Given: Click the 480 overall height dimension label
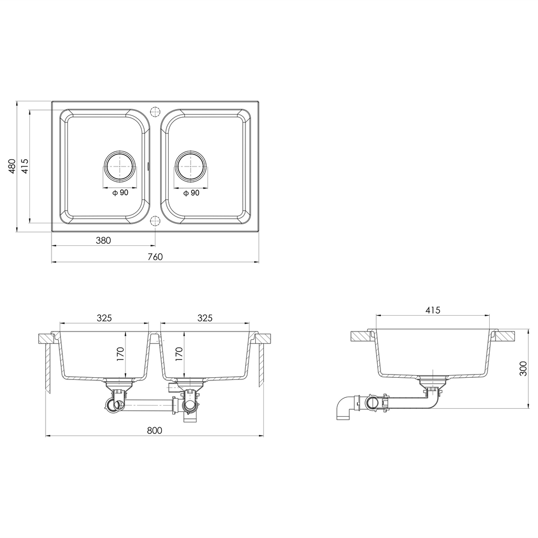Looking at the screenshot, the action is click(x=12, y=166).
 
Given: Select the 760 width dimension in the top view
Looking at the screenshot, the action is click(x=156, y=256).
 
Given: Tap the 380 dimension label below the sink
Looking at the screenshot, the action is click(x=104, y=241).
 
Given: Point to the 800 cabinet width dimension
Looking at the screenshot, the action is click(x=154, y=430).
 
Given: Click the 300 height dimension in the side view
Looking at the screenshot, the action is click(x=523, y=368).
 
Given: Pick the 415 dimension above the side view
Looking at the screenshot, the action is click(x=433, y=310).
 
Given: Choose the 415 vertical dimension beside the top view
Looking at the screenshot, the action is click(x=25, y=166).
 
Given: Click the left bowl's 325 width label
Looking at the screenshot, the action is click(x=105, y=318).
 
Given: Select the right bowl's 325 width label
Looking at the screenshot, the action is click(x=205, y=318).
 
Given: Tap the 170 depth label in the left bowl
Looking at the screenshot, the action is click(x=120, y=354).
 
